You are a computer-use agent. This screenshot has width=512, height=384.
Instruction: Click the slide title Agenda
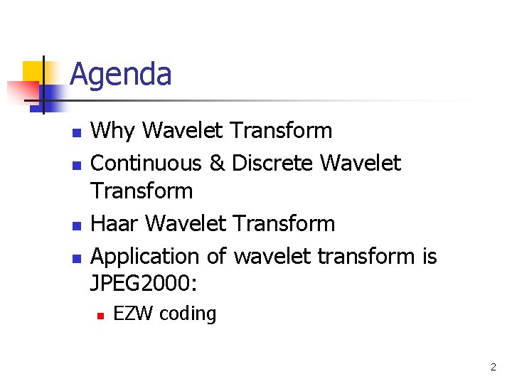pyautogui.click(x=121, y=74)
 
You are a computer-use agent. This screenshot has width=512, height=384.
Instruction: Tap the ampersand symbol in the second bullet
pyautogui.click(x=217, y=164)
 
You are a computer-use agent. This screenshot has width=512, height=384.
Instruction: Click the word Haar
pyautogui.click(x=115, y=223)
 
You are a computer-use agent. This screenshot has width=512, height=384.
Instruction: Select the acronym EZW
pyautogui.click(x=134, y=314)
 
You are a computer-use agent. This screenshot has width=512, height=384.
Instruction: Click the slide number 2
pyautogui.click(x=493, y=368)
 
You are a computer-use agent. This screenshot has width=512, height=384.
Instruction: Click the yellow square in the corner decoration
pyautogui.click(x=34, y=72)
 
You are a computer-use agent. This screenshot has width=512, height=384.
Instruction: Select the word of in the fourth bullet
pyautogui.click(x=217, y=256)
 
